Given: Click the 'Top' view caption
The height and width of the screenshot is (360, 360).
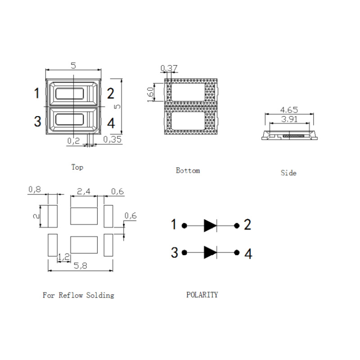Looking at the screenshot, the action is [77, 167].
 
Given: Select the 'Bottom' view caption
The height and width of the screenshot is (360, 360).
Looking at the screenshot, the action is [188, 171].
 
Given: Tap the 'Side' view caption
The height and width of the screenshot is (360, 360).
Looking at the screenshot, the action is [288, 173].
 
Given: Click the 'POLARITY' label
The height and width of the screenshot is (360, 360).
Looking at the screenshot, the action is [202, 295].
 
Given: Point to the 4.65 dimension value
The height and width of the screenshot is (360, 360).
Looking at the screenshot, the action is [289, 110].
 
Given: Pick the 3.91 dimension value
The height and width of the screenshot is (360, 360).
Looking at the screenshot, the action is [289, 119].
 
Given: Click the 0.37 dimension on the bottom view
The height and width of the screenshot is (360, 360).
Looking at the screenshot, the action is [169, 68].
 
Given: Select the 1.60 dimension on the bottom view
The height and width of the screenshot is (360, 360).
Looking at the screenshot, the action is [150, 94].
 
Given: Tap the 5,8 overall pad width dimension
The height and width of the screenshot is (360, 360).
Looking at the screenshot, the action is [81, 265].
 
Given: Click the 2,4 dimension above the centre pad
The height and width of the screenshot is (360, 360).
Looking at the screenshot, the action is [84, 191].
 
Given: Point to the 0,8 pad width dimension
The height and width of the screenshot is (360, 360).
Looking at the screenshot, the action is [35, 189].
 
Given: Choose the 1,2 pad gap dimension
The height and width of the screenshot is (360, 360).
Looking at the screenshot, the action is [63, 256].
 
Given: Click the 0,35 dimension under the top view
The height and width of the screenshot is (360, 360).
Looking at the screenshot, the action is [112, 139].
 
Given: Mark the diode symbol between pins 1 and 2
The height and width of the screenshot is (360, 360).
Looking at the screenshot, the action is [210, 226].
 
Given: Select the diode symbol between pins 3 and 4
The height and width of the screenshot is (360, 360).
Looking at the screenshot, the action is [210, 252].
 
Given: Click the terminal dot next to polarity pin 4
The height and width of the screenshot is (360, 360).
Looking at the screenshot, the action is [237, 252].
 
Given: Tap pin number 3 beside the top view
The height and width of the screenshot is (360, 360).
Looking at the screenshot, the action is [38, 121].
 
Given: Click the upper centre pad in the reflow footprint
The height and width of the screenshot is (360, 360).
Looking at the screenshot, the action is [84, 216].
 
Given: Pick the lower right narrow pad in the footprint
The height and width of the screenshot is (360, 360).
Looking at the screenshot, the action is [108, 245].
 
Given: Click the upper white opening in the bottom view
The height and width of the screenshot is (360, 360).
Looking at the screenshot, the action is [188, 92].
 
